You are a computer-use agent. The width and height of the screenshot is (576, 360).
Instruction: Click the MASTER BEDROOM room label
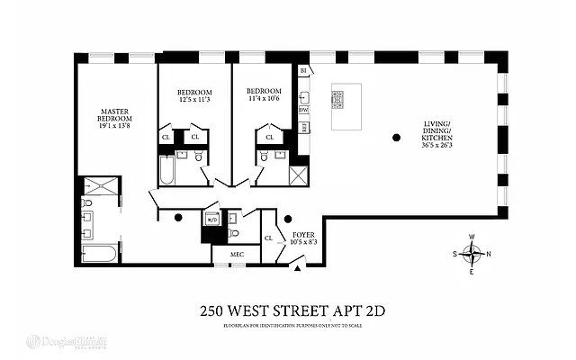pos(115,118)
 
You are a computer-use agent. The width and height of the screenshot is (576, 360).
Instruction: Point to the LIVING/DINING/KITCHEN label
pos(443,135)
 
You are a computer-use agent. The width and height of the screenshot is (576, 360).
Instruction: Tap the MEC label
pos(237,255)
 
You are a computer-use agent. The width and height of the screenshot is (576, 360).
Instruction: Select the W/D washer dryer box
pos(212,220)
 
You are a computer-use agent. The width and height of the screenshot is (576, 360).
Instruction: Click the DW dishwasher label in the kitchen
pos(304,111)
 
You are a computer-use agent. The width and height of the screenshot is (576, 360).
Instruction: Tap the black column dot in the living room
pos(395,138)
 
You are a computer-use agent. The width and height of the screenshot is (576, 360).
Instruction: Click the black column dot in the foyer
pos(287,218)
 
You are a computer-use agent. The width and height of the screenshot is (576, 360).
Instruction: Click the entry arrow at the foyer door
pos(296,268)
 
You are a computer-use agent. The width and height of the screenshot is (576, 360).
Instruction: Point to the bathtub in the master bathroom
pos(97,253)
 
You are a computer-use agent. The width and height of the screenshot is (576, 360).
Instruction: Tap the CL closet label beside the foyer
pos(269,238)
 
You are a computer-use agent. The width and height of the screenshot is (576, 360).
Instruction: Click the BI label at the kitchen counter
pos(304,70)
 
